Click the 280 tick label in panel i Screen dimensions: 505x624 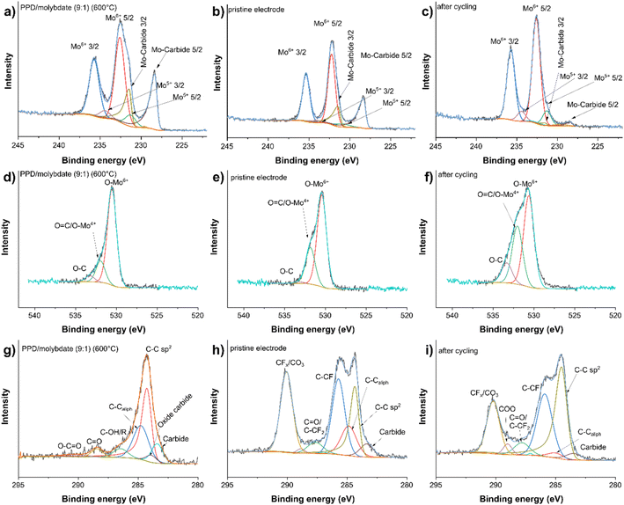click(x=616, y=481)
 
